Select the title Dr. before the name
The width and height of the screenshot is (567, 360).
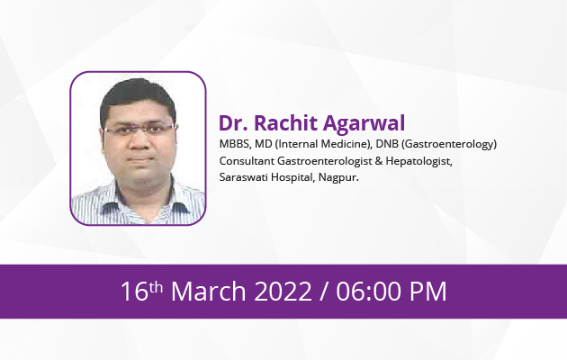[233, 123]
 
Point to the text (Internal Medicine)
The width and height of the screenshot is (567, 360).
[323, 144]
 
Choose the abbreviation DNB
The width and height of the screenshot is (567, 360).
[387, 144]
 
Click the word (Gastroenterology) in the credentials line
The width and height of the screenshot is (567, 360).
[449, 144]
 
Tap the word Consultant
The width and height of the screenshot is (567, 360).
[247, 160]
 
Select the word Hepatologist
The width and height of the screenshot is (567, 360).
[418, 161]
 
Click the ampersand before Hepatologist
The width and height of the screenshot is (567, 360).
[379, 160]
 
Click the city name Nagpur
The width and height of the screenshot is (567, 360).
[338, 178]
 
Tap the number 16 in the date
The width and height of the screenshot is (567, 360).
[134, 292]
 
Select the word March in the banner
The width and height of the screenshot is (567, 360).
[209, 291]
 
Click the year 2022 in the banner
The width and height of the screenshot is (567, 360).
[283, 292]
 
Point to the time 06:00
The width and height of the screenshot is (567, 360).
[369, 292]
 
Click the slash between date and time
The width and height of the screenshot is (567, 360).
[324, 292]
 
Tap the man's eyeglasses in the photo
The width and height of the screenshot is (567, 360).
[139, 129]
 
